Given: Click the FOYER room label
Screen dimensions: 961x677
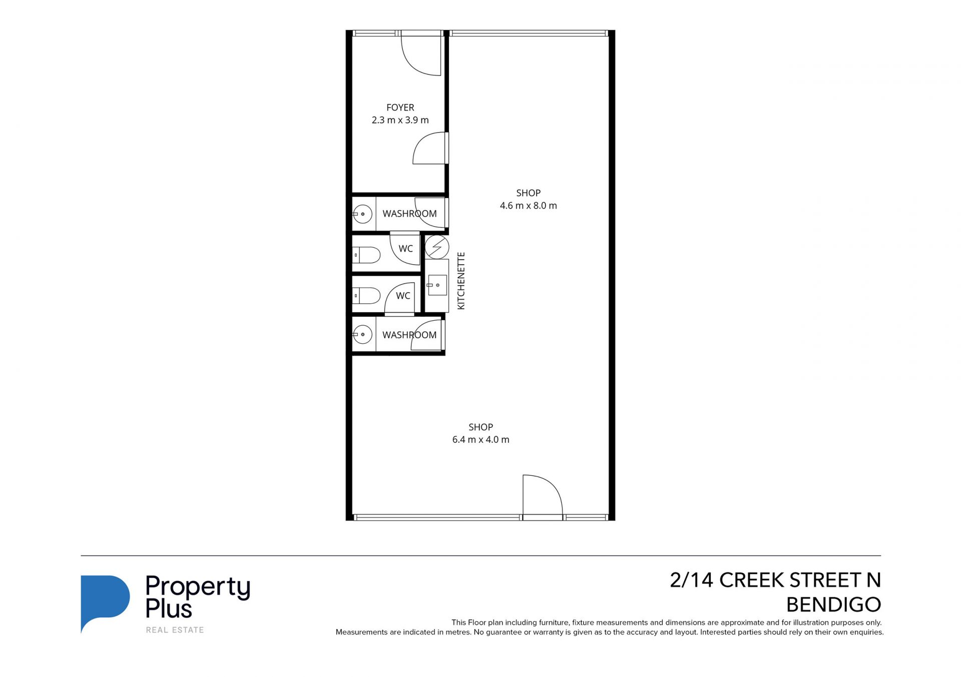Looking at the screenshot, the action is point(400,108).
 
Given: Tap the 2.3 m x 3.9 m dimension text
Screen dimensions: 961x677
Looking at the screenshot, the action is point(400,120).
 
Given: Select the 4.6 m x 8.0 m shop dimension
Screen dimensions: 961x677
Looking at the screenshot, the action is point(528,206).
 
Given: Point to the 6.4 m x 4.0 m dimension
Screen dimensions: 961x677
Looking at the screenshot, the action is point(480,440).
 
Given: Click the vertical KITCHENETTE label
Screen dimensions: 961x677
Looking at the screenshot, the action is point(461,281).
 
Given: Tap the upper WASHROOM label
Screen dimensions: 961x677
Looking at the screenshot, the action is point(409,214).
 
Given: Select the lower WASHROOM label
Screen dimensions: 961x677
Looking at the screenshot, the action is point(409,335).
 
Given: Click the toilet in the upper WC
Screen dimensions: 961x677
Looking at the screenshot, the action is point(366,255).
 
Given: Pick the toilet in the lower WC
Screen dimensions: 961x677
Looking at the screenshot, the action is point(366,296).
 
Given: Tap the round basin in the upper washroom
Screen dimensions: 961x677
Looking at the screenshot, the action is point(363,214).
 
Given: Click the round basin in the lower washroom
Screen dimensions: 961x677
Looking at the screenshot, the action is point(363,334).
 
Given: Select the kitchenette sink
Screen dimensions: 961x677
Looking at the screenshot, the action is point(437,285).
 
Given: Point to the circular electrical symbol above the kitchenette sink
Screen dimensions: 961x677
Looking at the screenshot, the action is point(437,247).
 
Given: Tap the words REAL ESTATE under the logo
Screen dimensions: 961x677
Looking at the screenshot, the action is point(175,630).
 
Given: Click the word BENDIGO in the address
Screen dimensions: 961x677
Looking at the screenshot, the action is point(833,605).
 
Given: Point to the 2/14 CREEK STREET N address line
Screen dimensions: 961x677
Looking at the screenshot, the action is point(775,580).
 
